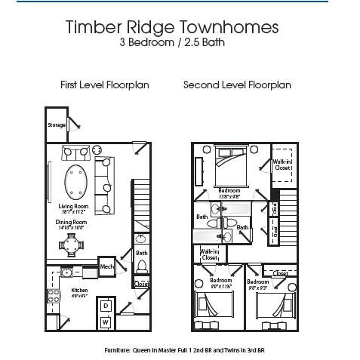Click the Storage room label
pos(57,125)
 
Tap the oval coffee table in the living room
pos(76,180)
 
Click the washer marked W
pos(106,321)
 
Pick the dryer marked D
pos(106,304)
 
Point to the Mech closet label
pos(107,268)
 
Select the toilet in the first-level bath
pos(141,266)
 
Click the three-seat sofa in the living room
pos(107,185)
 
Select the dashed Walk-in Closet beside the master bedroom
pos(282,167)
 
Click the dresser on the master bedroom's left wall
pos(200,171)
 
